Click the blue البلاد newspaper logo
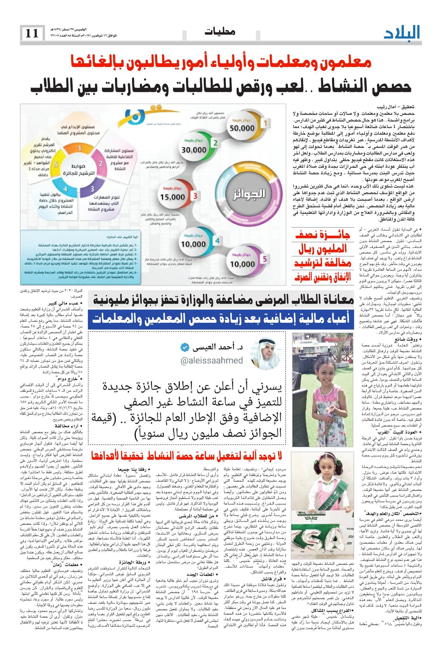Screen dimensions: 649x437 point(402,33)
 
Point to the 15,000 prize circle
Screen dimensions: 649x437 point(172,197)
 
